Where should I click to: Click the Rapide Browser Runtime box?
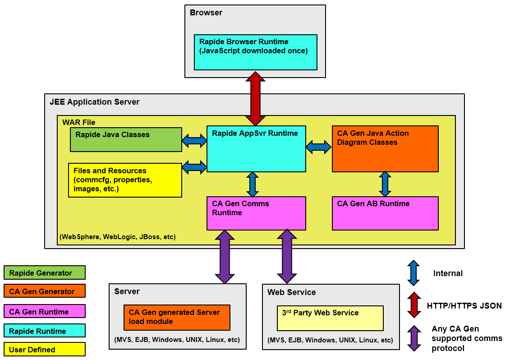pos(255,52)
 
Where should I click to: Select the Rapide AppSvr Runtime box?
pos(256,148)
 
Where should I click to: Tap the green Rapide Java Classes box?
pos(126,139)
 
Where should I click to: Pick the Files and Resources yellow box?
pos(125,180)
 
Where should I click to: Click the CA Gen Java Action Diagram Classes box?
pos(385,148)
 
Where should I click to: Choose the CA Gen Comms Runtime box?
pos(256,213)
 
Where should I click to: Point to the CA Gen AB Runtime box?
pos(385,213)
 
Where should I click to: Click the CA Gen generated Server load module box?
pos(177,318)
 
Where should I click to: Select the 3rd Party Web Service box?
pos(330,318)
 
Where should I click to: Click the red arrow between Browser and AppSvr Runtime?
pos(256,98)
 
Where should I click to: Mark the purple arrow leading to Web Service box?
pos(287,257)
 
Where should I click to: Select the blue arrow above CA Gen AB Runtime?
pos(385,184)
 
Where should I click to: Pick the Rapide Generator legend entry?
pos(44,272)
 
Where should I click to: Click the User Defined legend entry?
pos(44,349)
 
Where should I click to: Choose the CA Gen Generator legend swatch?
pos(44,291)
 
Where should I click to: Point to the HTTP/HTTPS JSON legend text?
pos(464,306)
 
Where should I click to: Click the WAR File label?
pos(79,122)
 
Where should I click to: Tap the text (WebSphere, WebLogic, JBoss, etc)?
pos(118,236)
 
